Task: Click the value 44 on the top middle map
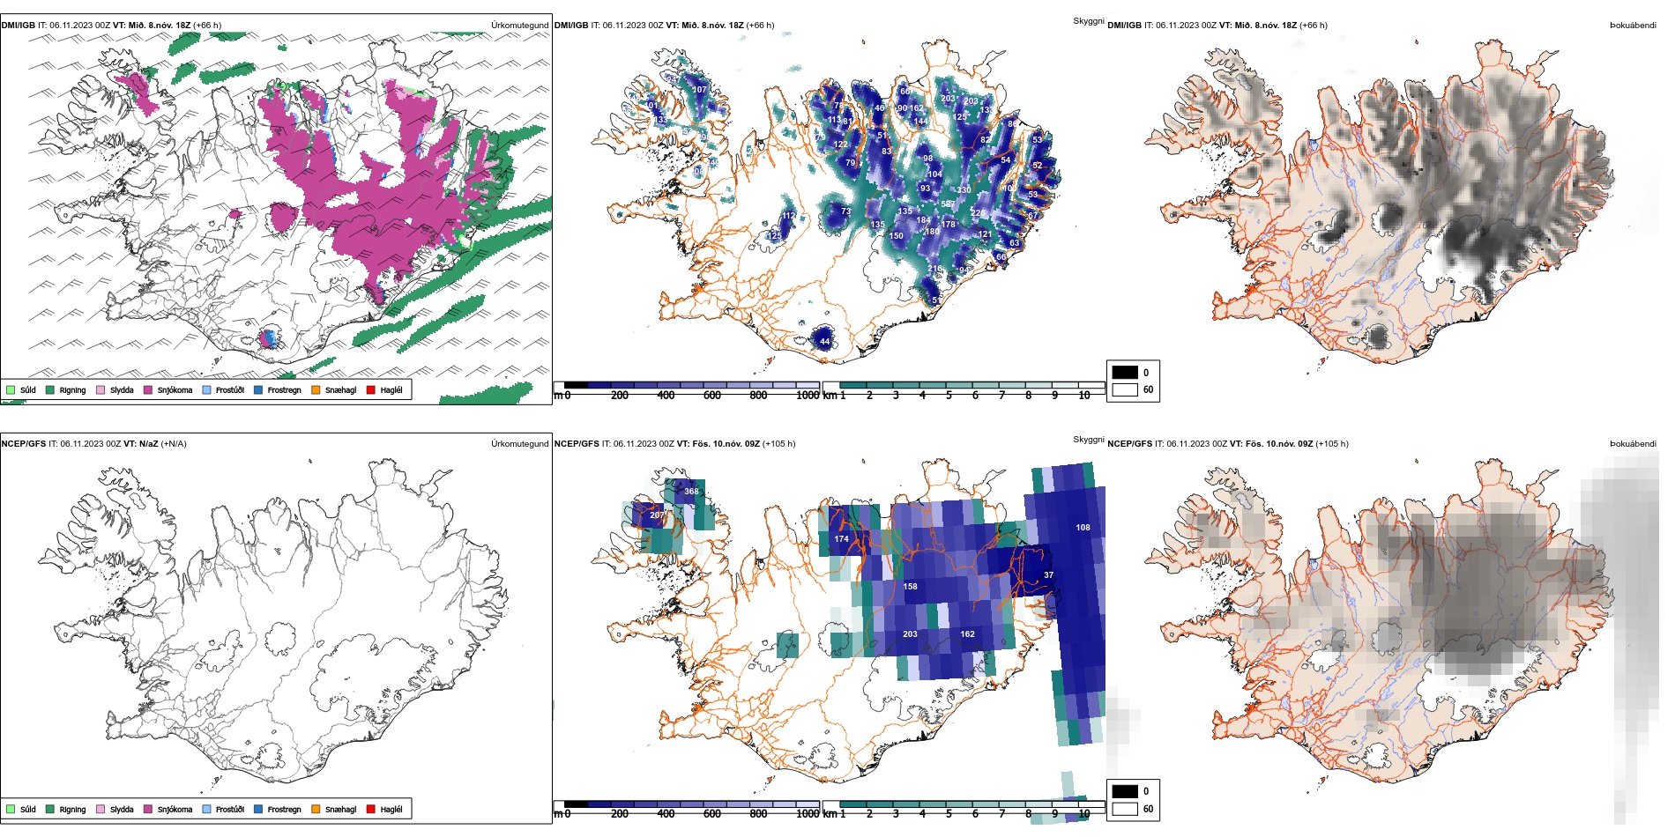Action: coord(824,341)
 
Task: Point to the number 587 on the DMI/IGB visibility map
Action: coord(948,204)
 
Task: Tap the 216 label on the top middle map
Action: coord(934,268)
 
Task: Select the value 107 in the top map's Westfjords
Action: coord(699,90)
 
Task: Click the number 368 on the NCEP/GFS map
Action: coord(691,492)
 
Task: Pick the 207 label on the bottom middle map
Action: coord(657,515)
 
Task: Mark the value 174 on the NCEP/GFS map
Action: coord(842,539)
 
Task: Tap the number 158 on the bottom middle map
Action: coord(910,587)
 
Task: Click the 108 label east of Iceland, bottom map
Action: coord(1083,528)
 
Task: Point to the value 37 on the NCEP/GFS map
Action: coord(1048,575)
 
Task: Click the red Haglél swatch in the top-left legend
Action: coord(371,389)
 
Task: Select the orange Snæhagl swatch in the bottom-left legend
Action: coord(316,809)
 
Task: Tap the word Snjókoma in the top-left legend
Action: coord(175,390)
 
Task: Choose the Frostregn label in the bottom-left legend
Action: coord(284,810)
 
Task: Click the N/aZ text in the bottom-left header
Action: coord(148,444)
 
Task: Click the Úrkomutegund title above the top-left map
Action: coord(519,26)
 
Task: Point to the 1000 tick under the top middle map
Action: coord(807,396)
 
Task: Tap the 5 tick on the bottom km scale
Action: coord(949,814)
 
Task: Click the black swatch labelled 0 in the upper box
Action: coord(1125,372)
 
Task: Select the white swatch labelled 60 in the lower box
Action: coord(1125,809)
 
